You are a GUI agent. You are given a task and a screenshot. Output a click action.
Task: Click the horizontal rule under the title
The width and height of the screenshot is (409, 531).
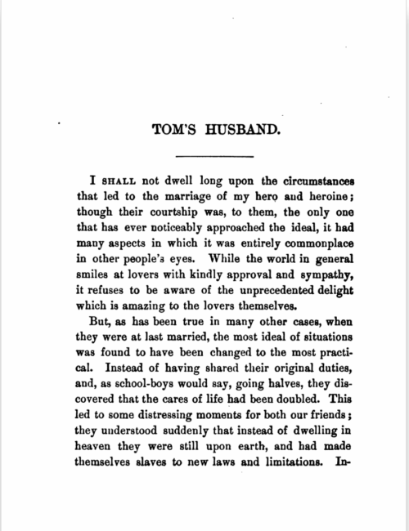(204, 155)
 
